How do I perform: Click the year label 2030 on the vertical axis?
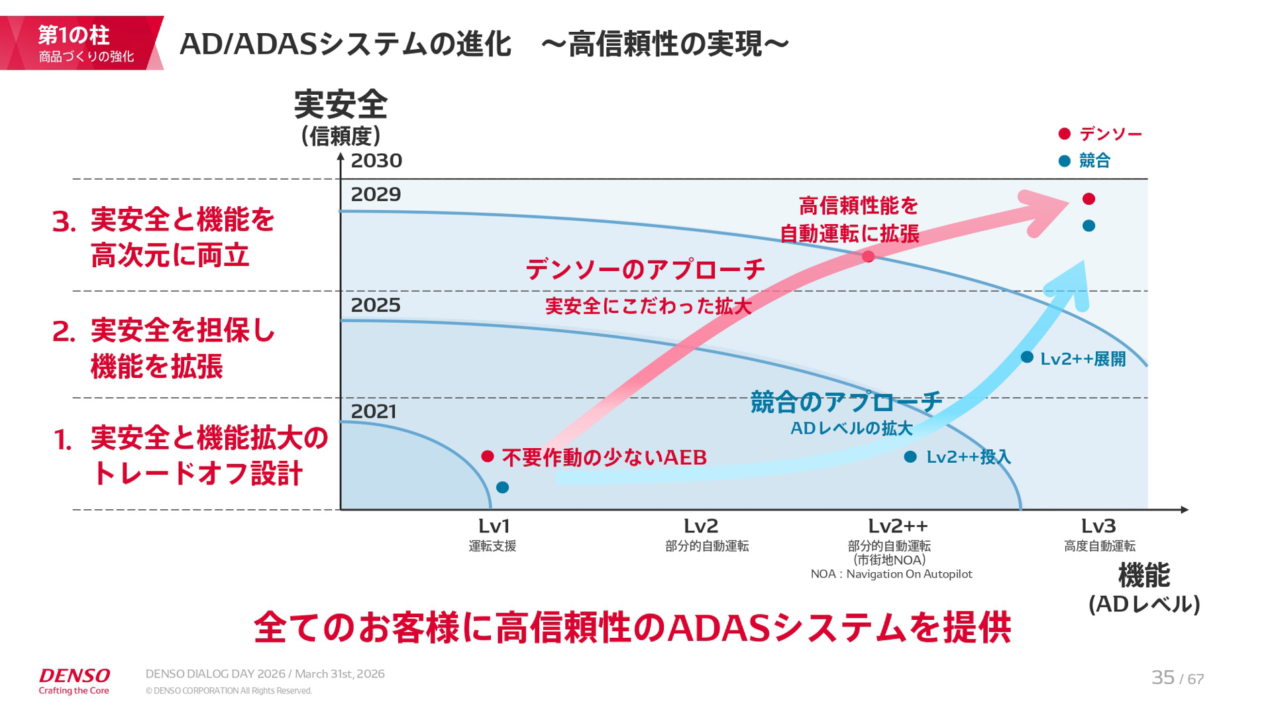(x=376, y=160)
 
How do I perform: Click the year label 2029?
(x=376, y=194)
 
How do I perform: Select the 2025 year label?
(x=376, y=305)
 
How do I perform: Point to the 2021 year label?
(x=374, y=412)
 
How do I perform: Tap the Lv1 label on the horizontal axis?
(x=494, y=526)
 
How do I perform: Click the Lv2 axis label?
(x=701, y=526)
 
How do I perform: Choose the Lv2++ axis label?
(x=898, y=526)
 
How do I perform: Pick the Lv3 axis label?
(x=1098, y=526)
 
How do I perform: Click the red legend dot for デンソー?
(x=1065, y=134)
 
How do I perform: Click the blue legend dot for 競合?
(x=1065, y=161)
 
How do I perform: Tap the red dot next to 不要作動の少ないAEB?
(x=488, y=456)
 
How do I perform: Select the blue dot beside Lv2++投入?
(x=910, y=457)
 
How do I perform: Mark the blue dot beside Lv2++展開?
(x=1027, y=357)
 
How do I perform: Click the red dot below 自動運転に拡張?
(x=868, y=257)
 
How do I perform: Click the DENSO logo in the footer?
(x=74, y=676)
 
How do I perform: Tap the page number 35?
(x=1163, y=678)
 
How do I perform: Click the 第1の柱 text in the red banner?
(x=74, y=34)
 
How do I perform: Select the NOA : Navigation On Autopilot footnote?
(x=891, y=574)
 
